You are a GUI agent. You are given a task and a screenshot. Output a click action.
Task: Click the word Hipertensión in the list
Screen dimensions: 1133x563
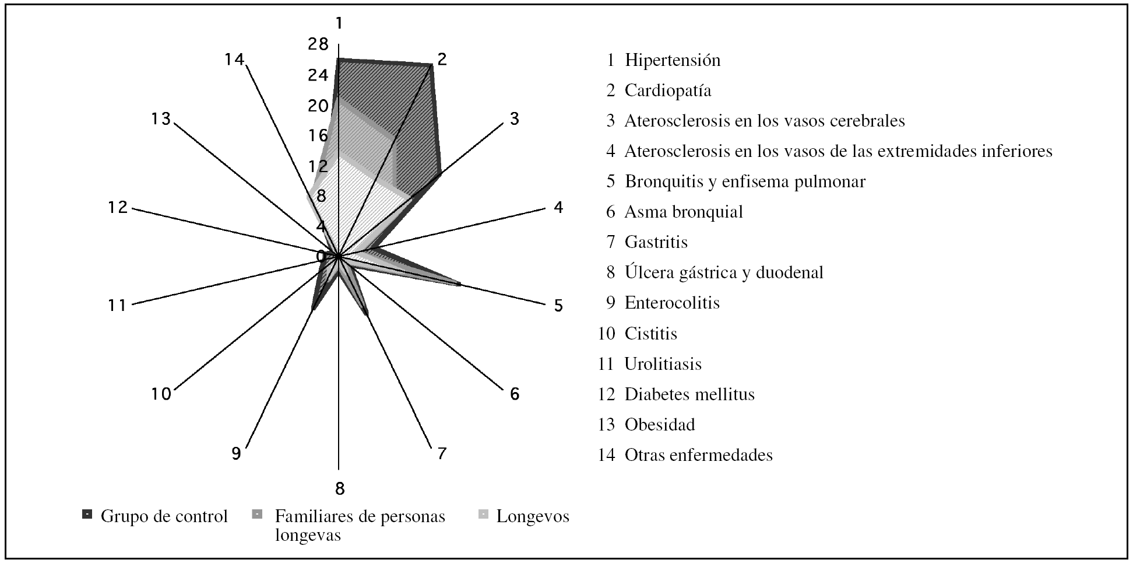click(x=673, y=60)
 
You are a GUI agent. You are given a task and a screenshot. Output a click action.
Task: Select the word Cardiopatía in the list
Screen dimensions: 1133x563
click(x=668, y=90)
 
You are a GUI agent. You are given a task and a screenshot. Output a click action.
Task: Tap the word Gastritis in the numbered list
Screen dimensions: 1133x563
click(x=656, y=242)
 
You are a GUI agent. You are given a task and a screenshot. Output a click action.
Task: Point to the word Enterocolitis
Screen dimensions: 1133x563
click(x=672, y=303)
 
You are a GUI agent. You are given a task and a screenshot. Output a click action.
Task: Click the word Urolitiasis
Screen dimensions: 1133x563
click(x=663, y=364)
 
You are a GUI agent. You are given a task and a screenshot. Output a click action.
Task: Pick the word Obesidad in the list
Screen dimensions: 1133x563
click(x=660, y=424)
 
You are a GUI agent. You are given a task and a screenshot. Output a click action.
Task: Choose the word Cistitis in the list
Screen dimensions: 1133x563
click(x=651, y=334)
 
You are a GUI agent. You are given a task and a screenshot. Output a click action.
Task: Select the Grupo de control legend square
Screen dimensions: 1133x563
click(x=87, y=515)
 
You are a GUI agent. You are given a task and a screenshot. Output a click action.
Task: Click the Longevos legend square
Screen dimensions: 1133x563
click(x=483, y=515)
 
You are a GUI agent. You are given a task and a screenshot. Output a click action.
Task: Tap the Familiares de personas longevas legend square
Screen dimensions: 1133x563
click(x=257, y=515)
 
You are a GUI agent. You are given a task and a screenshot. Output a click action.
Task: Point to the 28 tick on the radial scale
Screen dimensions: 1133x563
click(x=319, y=44)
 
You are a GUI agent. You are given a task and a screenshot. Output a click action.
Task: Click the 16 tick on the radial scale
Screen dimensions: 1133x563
click(x=319, y=136)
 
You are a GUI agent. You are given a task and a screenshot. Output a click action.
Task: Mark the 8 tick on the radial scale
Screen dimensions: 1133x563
click(x=321, y=196)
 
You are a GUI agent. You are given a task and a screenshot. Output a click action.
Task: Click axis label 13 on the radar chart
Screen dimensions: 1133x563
click(x=160, y=119)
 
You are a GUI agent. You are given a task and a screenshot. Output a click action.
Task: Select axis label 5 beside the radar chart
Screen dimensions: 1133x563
click(x=558, y=306)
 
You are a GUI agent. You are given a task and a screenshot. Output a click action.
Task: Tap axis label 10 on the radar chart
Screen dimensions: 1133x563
click(x=161, y=394)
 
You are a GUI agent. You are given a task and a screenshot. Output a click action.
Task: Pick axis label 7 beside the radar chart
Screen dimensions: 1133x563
click(x=442, y=453)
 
